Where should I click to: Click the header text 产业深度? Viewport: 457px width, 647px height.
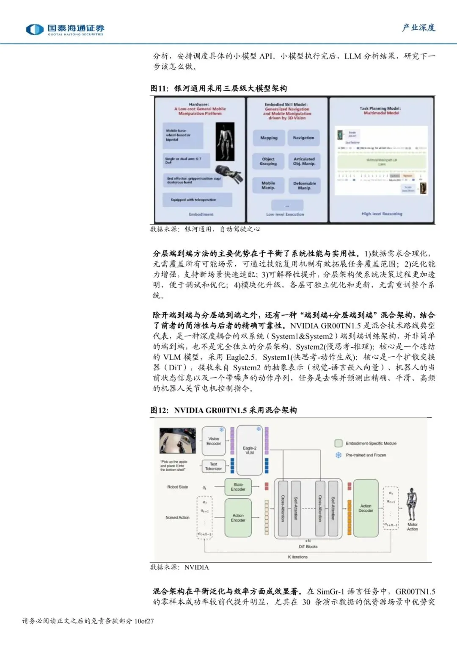[418, 28]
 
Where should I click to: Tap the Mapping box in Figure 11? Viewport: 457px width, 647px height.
[269, 138]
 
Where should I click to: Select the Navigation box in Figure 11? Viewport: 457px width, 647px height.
[303, 138]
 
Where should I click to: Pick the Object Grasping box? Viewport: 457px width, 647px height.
[268, 161]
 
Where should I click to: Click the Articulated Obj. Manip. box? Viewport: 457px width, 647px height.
[304, 161]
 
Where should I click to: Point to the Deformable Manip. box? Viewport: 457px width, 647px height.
[304, 186]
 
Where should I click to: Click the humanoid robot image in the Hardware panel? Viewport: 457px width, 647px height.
[224, 141]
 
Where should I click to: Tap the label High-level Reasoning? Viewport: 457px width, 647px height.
[382, 214]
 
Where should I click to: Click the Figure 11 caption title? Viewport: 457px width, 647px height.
[219, 88]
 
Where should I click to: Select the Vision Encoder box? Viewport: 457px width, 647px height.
[214, 442]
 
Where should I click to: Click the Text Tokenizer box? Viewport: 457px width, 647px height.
[213, 467]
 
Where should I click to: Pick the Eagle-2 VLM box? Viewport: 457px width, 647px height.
[250, 450]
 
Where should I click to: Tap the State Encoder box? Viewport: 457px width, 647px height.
[238, 487]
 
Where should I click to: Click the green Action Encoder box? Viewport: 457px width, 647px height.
[238, 518]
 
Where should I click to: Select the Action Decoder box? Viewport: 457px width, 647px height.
[366, 508]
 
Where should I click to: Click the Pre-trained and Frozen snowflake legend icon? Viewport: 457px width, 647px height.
[339, 455]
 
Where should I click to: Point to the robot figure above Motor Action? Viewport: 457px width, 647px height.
[412, 504]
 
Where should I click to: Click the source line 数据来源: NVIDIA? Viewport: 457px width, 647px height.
[179, 567]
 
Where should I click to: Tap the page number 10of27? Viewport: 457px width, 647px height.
[144, 621]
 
